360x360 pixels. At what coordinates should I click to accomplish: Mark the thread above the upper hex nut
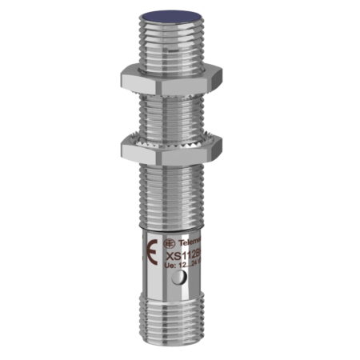tap(172, 43)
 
